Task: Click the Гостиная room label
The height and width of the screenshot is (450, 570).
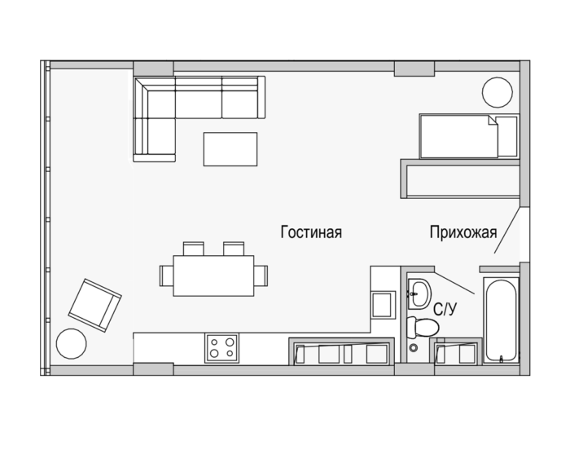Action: click(x=311, y=232)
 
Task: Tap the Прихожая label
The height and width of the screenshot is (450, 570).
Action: click(x=463, y=232)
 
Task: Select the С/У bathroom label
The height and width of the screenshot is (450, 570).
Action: click(x=445, y=310)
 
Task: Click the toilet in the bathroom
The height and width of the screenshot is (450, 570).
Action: click(x=423, y=327)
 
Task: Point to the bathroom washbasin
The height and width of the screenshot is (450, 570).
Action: click(x=419, y=293)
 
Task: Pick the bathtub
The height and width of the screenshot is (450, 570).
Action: click(x=501, y=320)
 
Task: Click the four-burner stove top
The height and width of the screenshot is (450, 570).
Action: click(x=222, y=348)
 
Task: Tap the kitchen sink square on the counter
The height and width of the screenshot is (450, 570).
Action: click(x=383, y=305)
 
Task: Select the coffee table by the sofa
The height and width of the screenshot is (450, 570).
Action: click(x=230, y=149)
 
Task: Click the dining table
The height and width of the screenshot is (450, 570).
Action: click(x=213, y=276)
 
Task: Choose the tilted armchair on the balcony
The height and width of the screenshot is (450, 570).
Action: click(x=95, y=306)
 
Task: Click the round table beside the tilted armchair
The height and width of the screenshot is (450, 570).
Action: click(x=72, y=344)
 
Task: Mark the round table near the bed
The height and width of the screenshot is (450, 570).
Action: click(x=498, y=92)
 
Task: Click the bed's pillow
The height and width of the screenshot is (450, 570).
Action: click(x=507, y=136)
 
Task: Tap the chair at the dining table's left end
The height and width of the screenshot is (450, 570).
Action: click(x=166, y=276)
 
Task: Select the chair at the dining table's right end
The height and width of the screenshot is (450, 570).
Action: click(x=261, y=276)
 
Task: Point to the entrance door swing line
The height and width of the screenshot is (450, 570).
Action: click(x=507, y=230)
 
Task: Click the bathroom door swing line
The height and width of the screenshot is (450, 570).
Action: click(x=454, y=283)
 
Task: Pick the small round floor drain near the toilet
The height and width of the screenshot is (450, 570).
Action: click(x=414, y=348)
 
